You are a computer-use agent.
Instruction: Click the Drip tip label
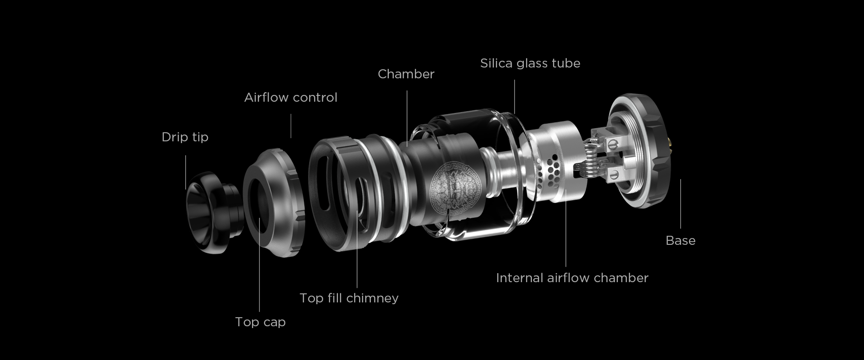(185, 137)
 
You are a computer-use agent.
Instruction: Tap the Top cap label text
(260, 322)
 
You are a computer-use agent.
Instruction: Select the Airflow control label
(291, 98)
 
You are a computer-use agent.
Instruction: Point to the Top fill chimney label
(349, 298)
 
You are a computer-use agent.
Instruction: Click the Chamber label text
(406, 74)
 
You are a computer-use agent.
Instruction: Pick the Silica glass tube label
(530, 63)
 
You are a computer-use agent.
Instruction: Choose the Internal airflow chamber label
(572, 278)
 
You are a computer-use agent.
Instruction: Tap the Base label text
(680, 241)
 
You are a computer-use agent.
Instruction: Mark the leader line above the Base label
(680, 204)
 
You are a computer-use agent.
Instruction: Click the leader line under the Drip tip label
(185, 172)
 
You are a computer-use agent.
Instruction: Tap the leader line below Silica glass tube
(514, 97)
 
